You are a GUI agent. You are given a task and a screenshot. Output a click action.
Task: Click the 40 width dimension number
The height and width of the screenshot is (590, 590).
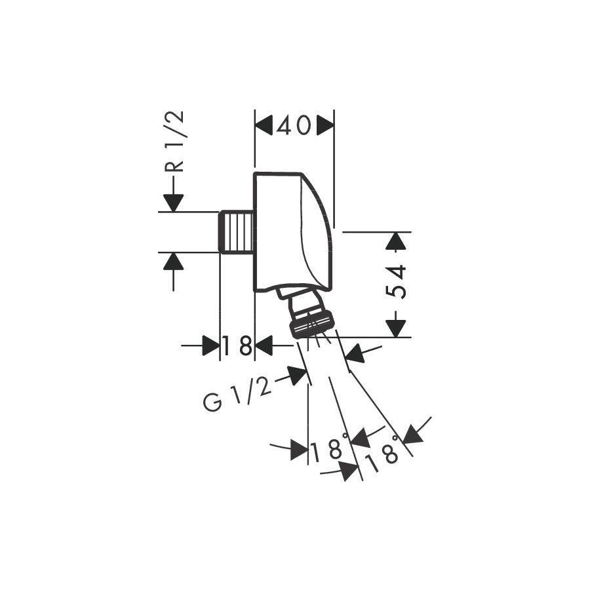[x=294, y=125]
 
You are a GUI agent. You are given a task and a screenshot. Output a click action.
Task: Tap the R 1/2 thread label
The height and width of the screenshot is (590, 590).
[x=175, y=142]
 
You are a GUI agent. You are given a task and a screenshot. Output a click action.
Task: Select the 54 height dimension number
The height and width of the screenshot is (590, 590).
[x=396, y=281]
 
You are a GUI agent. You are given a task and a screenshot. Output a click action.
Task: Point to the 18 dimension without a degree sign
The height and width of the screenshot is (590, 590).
[x=237, y=345]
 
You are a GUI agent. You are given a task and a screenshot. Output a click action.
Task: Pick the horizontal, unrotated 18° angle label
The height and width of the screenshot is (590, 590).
[x=328, y=450]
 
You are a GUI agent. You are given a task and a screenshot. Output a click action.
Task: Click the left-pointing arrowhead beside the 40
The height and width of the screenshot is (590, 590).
[x=264, y=125]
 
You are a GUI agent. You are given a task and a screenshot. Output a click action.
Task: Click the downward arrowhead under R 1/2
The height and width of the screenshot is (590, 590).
[x=173, y=203]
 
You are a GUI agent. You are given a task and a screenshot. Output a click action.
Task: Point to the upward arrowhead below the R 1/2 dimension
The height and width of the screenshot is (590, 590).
[x=173, y=262]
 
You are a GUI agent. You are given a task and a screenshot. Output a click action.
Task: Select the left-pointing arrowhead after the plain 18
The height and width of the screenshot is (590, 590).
[x=264, y=345]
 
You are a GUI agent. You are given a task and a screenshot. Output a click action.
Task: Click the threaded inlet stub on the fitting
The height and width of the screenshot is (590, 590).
[x=237, y=232]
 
